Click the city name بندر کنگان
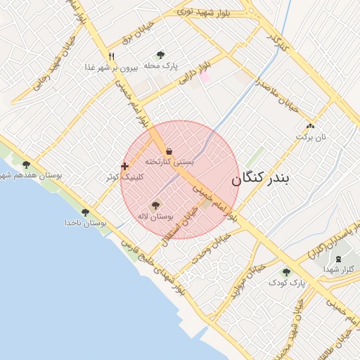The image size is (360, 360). (x=260, y=179)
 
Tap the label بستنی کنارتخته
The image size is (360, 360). (x=169, y=162)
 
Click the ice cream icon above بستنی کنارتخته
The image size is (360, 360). (x=169, y=151)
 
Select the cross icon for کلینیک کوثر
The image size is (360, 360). (x=125, y=167)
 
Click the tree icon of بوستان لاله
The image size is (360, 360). (x=155, y=206)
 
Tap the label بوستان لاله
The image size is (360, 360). (x=156, y=217)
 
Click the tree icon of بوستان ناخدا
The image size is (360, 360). (x=85, y=212)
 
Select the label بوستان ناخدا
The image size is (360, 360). (x=84, y=223)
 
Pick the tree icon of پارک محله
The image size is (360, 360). (x=161, y=55)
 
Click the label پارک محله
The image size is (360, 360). (x=161, y=65)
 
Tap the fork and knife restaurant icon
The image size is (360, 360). (x=110, y=56)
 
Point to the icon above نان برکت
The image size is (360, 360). (x=309, y=127)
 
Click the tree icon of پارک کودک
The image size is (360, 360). (x=286, y=272)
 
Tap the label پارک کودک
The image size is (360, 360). (x=286, y=283)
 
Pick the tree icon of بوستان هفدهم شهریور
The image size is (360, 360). (x=26, y=165)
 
